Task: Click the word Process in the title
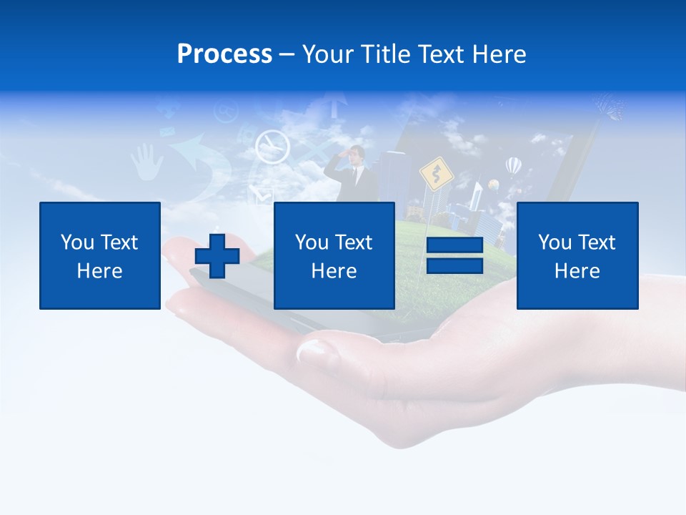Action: pyautogui.click(x=224, y=54)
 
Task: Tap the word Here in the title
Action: pyautogui.click(x=497, y=54)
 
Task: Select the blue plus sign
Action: pyautogui.click(x=217, y=256)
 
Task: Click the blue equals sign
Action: pyautogui.click(x=454, y=255)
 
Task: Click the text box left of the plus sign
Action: pyautogui.click(x=100, y=255)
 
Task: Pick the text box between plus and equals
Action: pyautogui.click(x=334, y=255)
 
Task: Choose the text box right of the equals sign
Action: pyautogui.click(x=577, y=255)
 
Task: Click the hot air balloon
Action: pyautogui.click(x=513, y=167)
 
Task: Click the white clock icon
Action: pyautogui.click(x=272, y=146)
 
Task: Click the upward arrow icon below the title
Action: pyautogui.click(x=333, y=104)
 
